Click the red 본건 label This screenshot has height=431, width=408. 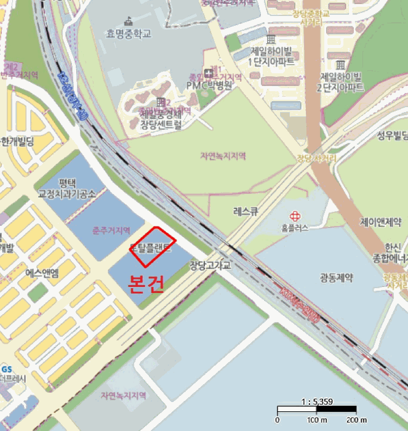145,283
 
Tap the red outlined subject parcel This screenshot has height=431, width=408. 153,246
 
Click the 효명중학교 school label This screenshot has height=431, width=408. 128,34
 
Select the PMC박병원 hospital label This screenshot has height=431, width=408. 210,86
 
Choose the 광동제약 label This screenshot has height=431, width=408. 337,278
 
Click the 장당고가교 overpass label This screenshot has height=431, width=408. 209,265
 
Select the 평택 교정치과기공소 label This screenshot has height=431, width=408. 68,188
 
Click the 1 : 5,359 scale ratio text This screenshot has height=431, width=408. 316,401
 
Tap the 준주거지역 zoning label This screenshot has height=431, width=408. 111,230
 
